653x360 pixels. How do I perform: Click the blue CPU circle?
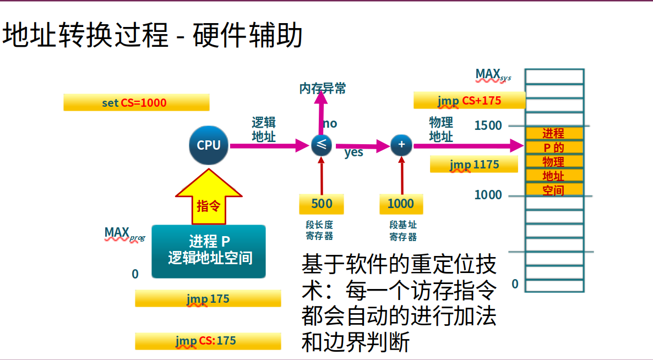(209, 145)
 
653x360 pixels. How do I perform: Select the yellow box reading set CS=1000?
(136, 102)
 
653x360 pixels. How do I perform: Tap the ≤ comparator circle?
(322, 145)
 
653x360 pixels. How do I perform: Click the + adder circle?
(401, 145)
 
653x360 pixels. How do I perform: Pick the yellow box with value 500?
(322, 204)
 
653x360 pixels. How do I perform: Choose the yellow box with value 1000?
(401, 204)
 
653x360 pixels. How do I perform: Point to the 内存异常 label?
(323, 88)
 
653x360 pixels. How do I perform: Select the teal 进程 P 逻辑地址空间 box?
(209, 251)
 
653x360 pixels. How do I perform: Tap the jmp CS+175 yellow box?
(469, 100)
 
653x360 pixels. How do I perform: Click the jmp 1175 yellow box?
(474, 164)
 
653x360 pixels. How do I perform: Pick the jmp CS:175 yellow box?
(208, 341)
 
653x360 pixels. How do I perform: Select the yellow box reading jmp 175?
(208, 298)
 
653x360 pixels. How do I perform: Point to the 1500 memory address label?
(488, 126)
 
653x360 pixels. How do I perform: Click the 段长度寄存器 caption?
(319, 231)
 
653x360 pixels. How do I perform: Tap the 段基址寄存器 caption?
(403, 231)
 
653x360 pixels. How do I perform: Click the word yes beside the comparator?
(354, 152)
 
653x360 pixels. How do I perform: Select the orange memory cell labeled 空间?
(553, 190)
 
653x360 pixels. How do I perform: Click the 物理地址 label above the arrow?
(441, 129)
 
